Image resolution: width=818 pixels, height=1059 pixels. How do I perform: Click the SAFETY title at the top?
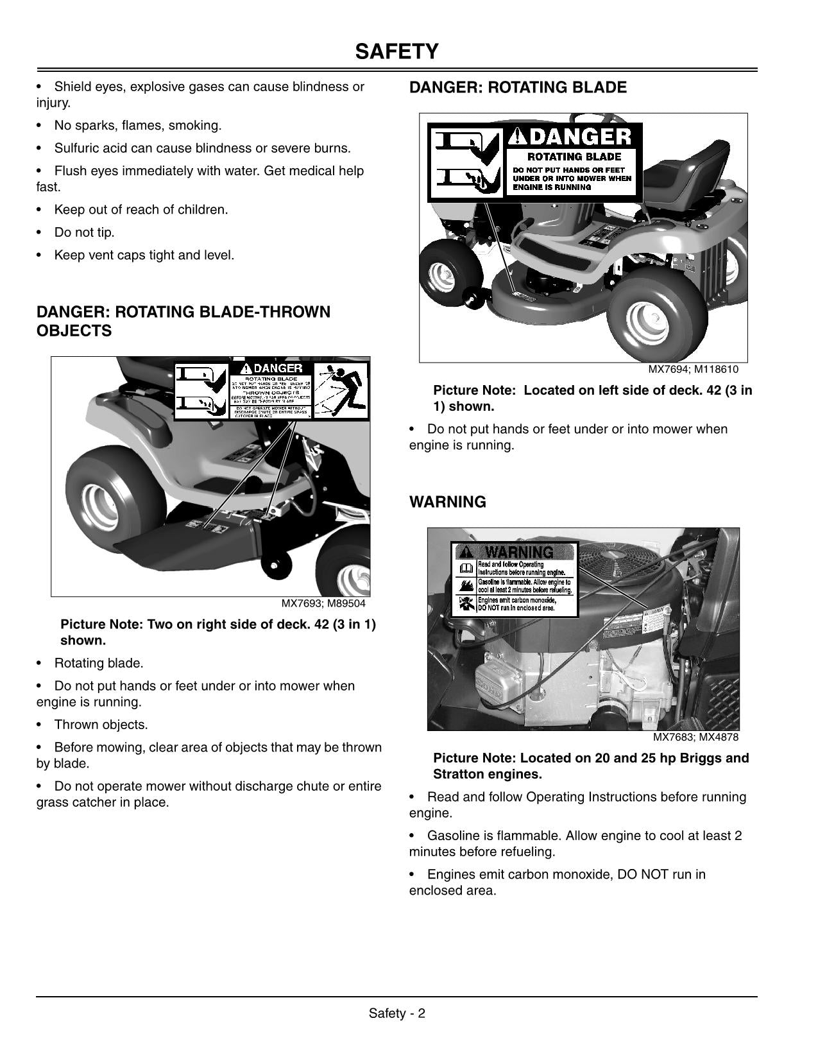pos(397,51)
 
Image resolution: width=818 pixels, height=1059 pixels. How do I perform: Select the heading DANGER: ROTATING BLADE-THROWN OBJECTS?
pos(183,321)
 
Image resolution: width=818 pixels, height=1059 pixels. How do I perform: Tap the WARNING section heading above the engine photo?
pos(448,502)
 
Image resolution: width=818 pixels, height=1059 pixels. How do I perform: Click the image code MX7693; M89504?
pos(323,603)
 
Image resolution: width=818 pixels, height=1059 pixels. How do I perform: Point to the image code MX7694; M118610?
pos(693,370)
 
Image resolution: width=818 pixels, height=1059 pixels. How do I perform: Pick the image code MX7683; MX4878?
pos(695,737)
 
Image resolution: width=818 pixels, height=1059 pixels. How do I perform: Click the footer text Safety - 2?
pos(397,1013)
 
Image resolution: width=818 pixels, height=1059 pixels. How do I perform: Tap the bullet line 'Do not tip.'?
pos(84,232)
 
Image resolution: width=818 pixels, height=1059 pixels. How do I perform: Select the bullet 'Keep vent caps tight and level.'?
pos(144,255)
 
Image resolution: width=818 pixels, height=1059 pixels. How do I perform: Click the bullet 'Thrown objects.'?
pos(101,725)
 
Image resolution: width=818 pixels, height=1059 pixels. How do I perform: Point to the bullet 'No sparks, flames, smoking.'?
pos(137,125)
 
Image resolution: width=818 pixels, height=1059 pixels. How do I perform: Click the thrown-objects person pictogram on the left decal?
pos(340,389)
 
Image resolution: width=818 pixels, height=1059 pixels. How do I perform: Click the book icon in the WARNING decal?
pos(466,568)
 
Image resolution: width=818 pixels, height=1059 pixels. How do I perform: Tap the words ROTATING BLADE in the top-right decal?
pos(574,157)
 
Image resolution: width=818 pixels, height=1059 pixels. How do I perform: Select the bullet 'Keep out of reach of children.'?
pos(141,209)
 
